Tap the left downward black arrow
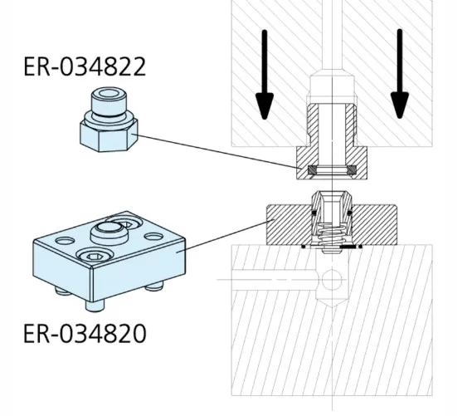(264, 74)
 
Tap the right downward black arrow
(401, 74)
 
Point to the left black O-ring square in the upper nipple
(311, 171)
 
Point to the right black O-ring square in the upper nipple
(352, 171)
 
